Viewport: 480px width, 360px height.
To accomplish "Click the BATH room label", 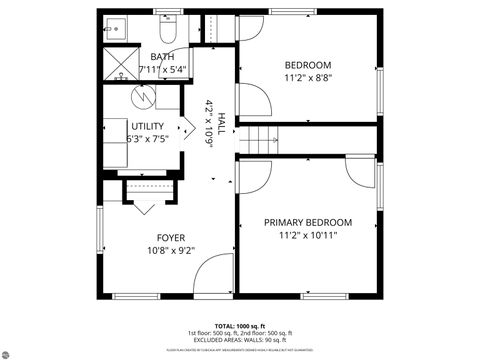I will (x=162, y=57).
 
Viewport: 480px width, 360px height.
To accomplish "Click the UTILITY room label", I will (x=147, y=126).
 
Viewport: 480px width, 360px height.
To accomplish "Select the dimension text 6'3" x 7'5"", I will (x=147, y=139).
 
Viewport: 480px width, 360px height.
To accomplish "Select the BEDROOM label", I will (x=307, y=65).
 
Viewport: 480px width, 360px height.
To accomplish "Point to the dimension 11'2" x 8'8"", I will (x=307, y=78).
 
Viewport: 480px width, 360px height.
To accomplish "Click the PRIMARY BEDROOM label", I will (x=307, y=222).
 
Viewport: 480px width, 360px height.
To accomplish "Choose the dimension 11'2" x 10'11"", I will (x=307, y=235).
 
